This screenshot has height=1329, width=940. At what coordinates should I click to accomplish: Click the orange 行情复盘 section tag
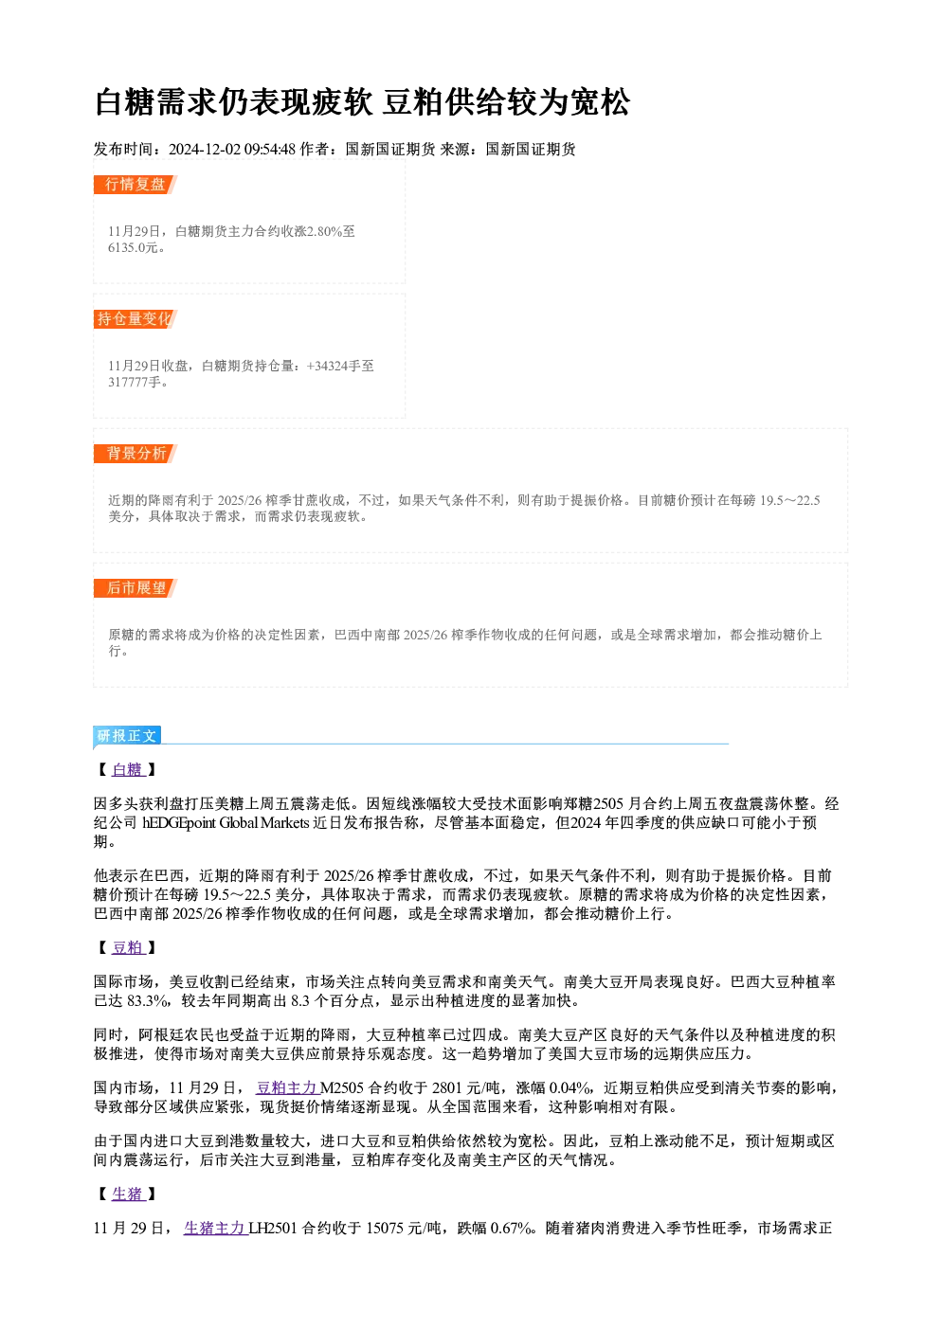point(136,185)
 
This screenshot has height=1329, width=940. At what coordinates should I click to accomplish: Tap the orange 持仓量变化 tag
point(136,319)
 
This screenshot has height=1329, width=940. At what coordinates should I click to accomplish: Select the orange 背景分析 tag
point(136,454)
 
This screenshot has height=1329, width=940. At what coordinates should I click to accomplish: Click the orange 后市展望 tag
point(136,588)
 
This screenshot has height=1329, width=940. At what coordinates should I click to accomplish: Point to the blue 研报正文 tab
point(127,736)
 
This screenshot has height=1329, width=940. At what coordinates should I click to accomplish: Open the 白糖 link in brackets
point(128,770)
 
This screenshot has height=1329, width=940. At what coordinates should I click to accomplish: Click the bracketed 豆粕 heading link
point(128,948)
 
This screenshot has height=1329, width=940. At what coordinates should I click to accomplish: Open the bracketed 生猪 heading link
point(128,1194)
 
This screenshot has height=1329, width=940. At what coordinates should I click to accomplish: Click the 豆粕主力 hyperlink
point(288,1088)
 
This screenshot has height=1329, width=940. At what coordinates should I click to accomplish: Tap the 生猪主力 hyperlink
point(215,1229)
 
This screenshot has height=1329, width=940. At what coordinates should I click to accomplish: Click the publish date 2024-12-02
point(205,150)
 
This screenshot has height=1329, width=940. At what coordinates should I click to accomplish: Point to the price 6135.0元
point(134,248)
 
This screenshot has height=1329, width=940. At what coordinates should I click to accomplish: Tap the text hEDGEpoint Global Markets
point(226,823)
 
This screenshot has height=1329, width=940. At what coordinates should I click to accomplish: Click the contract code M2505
point(342,1088)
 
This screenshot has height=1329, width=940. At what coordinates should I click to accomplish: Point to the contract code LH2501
point(272,1229)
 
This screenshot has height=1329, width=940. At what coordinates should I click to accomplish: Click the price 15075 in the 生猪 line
point(385,1229)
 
